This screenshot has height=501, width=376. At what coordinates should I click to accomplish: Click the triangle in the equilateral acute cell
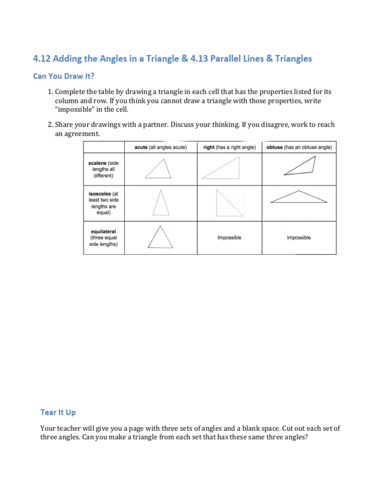(160, 238)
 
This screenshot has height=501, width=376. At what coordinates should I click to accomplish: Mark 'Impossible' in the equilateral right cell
(229, 238)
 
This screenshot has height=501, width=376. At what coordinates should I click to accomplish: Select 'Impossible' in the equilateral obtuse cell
(299, 238)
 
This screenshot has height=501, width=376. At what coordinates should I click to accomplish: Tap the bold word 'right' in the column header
(209, 147)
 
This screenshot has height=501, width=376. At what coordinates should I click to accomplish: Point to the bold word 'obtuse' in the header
(275, 147)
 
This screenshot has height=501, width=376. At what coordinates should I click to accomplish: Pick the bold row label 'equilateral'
(103, 231)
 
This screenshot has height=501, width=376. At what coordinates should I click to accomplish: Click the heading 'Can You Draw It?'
(63, 76)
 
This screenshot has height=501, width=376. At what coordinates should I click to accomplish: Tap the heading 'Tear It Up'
(58, 412)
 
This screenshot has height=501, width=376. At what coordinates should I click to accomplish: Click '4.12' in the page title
(42, 59)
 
